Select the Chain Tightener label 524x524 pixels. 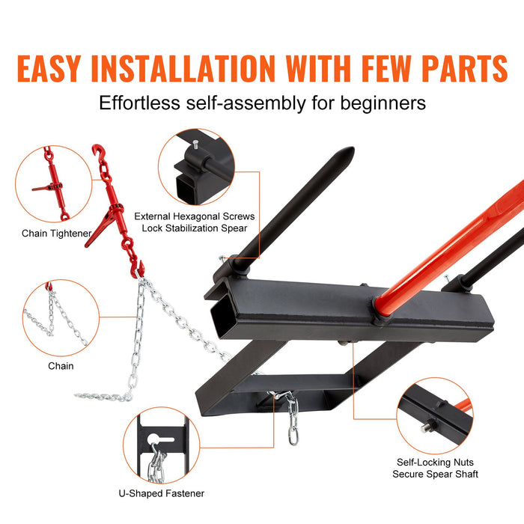(56, 234)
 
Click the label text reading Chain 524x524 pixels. (61, 366)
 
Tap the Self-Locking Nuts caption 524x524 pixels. (435, 463)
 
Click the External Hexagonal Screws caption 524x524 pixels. (195, 216)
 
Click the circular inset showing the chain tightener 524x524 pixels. (53, 183)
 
